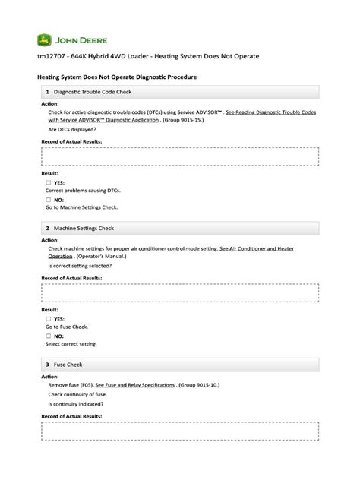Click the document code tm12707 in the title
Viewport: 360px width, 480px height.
(51, 58)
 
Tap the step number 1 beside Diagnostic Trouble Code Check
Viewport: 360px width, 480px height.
(47, 92)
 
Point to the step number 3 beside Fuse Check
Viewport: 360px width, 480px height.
(47, 364)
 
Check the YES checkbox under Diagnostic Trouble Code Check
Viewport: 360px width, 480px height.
(49, 182)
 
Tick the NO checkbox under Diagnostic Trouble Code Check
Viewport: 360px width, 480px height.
(49, 199)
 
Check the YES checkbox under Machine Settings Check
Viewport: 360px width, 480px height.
(49, 319)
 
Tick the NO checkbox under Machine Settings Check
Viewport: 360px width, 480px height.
(49, 335)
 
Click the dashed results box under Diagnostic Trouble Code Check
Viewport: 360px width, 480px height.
(179, 156)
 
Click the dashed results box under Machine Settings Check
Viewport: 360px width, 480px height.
(179, 292)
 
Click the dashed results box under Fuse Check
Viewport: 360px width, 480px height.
(179, 429)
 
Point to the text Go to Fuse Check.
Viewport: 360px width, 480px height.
(67, 327)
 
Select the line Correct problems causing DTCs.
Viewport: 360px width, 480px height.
(83, 191)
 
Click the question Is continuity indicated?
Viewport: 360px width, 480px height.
(76, 404)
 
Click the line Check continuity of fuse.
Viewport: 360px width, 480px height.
(77, 395)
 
